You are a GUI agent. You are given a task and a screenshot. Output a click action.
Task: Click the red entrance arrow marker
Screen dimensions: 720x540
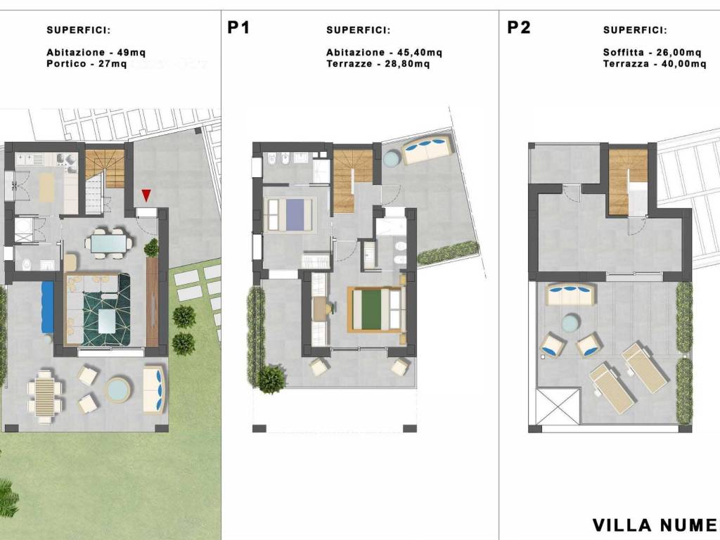[146, 195]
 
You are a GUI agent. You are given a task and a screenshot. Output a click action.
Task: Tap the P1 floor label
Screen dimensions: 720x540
[238, 27]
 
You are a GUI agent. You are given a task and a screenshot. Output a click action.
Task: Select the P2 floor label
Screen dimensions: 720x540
[519, 27]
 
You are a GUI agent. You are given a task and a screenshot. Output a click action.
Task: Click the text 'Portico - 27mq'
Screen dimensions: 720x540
[86, 64]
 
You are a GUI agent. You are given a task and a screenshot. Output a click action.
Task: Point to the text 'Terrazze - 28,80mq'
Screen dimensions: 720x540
[378, 64]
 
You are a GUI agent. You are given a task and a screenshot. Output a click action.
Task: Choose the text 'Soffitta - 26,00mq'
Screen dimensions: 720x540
[652, 52]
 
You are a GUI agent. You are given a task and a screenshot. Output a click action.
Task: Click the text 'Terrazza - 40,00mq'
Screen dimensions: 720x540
[655, 64]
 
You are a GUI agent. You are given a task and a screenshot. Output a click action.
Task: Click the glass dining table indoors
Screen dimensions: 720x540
[108, 243]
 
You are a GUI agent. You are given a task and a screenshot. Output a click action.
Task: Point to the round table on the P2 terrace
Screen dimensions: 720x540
[571, 322]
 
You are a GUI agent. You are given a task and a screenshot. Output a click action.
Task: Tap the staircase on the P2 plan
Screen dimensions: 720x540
[628, 182]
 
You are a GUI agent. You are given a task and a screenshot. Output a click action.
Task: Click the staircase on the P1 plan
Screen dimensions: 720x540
[353, 181]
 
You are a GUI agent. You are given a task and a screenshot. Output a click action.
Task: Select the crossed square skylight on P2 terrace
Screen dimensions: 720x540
[558, 407]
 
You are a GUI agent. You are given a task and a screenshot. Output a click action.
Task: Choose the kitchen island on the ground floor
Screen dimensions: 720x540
[46, 188]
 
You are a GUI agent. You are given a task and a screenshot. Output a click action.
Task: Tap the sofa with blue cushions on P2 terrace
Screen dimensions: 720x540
[571, 293]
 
